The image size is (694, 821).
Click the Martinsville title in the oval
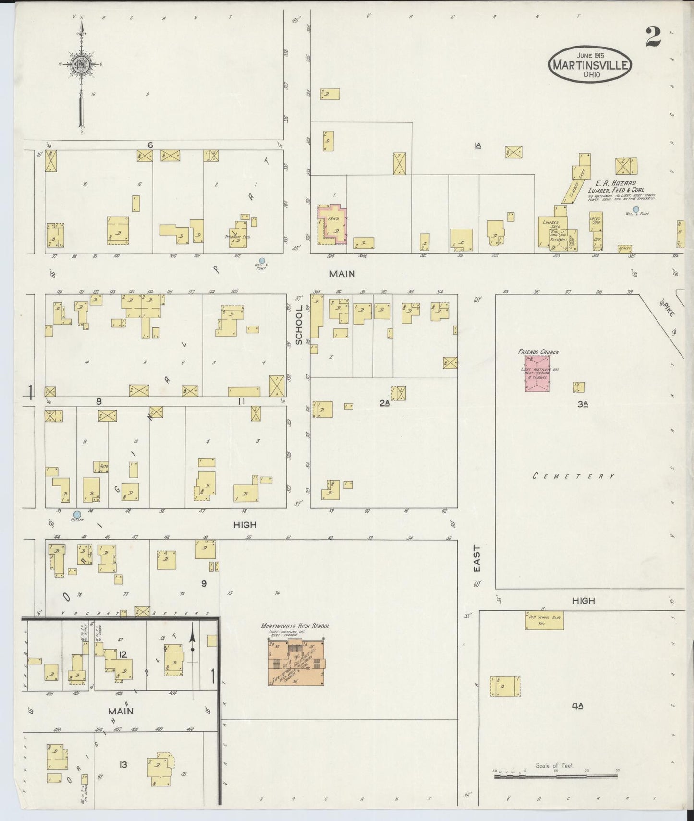point(590,64)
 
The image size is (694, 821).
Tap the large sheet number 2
point(653,37)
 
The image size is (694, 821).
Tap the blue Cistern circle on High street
point(77,514)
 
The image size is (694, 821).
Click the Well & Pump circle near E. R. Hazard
point(636,209)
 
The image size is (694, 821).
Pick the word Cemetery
point(573,476)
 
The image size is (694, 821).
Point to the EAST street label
point(476,558)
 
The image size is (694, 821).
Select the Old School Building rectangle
point(544,620)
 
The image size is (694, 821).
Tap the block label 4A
point(577,705)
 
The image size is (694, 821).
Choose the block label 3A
point(583,404)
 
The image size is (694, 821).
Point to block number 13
point(123,764)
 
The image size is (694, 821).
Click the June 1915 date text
point(590,55)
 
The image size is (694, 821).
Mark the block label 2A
point(384,403)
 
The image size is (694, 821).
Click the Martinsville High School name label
point(294,626)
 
